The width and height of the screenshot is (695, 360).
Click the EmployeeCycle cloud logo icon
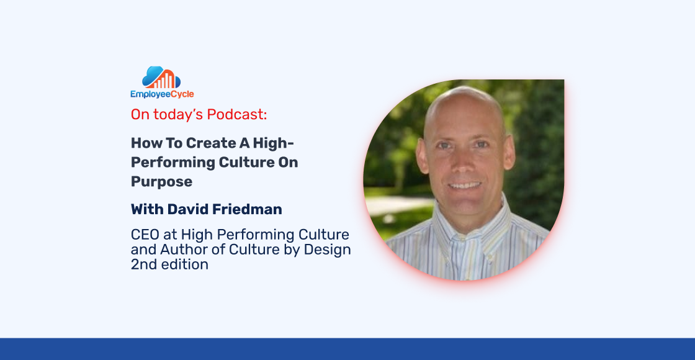click(161, 78)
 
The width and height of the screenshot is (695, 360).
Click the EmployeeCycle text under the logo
click(162, 94)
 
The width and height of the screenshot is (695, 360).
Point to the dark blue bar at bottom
click(347, 349)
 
